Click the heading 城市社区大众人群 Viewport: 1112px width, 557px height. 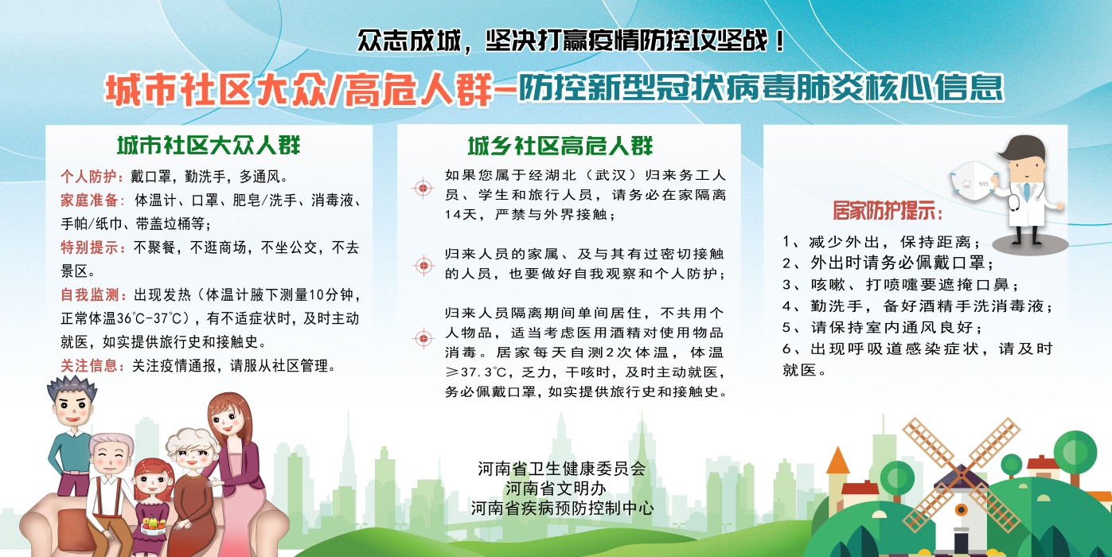(209, 146)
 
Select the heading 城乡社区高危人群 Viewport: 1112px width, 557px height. (560, 146)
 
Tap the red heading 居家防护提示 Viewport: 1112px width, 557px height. (887, 211)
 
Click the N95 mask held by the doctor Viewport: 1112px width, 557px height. (972, 181)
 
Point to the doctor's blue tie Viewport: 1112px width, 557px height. (1025, 192)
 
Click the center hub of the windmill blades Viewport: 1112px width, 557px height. (961, 475)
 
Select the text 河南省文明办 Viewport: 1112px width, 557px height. (556, 489)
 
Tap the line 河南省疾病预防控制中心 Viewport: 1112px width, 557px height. (562, 508)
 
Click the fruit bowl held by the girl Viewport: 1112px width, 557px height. (153, 526)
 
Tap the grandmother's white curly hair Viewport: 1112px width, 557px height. (191, 441)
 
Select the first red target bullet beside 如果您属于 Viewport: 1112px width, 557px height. (423, 188)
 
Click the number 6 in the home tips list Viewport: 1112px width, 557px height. (787, 349)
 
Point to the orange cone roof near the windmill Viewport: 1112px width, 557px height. (838, 460)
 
